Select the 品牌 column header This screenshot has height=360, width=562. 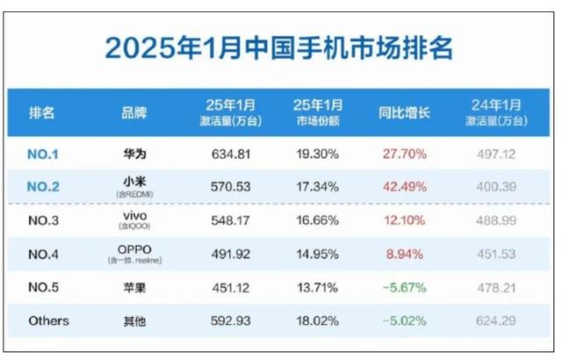coord(134,113)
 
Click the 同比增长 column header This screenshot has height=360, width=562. coord(403,113)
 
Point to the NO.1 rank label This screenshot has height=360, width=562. coord(44,154)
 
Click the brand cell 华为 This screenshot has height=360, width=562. coord(134,154)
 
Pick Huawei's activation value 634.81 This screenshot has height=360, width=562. coord(231,154)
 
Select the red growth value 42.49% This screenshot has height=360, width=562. coord(404,185)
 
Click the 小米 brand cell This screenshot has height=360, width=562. coord(134,183)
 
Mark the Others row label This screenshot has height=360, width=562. coord(47,320)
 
